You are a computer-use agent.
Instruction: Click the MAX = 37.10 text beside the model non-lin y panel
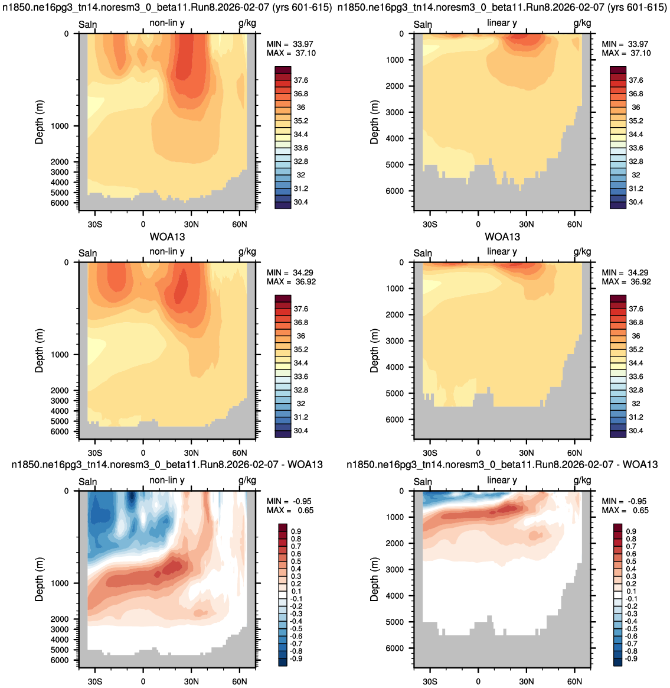[x=291, y=53]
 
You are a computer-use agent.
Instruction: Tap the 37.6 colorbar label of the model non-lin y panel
[x=300, y=80]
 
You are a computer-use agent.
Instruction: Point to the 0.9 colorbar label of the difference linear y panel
[x=631, y=531]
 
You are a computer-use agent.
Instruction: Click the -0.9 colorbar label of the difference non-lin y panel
[x=296, y=658]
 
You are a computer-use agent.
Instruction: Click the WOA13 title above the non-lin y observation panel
[x=168, y=237]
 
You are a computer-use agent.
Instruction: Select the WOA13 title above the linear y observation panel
[x=502, y=237]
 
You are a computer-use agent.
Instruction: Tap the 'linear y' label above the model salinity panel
[x=502, y=23]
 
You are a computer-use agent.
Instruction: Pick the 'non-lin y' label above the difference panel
[x=167, y=480]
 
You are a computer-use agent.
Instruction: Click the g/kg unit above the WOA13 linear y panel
[x=583, y=252]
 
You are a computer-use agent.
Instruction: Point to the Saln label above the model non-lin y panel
[x=87, y=25]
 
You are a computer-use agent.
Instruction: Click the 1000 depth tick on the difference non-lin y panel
[x=60, y=583]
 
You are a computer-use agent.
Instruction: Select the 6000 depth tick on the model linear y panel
[x=396, y=191]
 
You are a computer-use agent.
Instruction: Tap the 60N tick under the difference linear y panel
[x=574, y=681]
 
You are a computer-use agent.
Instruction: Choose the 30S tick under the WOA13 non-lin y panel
[x=94, y=453]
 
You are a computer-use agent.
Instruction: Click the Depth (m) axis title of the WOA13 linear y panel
[x=374, y=351]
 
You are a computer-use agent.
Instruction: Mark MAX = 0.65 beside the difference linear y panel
[x=625, y=510]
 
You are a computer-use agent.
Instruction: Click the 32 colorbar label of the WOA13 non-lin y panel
[x=300, y=404]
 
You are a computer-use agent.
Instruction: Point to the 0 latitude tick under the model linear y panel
[x=478, y=224]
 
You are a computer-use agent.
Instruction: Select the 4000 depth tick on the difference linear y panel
[x=396, y=595]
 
